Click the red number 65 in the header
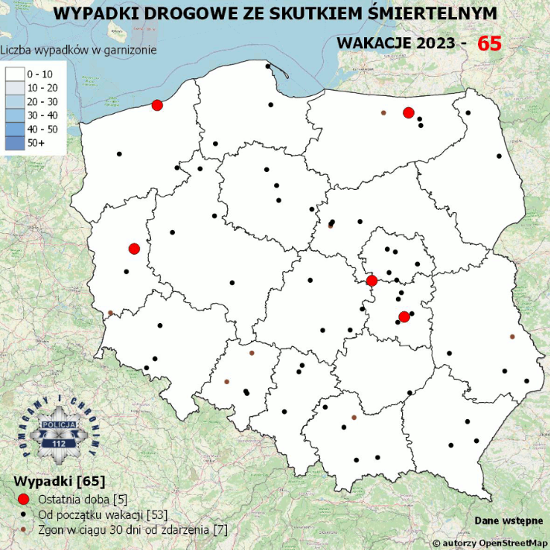489,43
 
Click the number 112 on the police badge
59,444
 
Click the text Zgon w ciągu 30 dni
93,529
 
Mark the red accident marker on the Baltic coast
157,105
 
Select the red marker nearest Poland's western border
134,249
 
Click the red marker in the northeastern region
408,113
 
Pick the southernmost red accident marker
404,316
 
